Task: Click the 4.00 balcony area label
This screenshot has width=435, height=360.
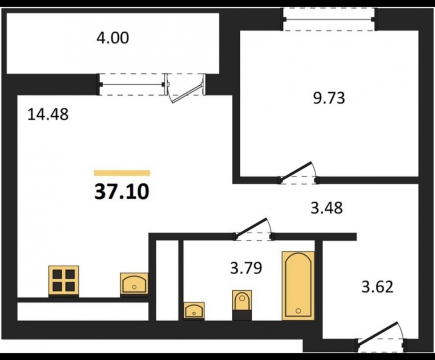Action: click(x=113, y=38)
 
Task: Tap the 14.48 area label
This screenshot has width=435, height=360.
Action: click(x=48, y=114)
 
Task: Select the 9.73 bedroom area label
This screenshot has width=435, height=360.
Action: click(x=329, y=98)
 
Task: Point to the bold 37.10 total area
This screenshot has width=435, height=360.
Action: click(x=122, y=192)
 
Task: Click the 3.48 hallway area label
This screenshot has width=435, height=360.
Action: click(x=327, y=208)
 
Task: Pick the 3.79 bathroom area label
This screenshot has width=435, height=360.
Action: click(x=246, y=268)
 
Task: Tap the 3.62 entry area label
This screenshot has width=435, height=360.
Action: click(x=378, y=287)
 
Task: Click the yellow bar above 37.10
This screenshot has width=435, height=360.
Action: click(x=122, y=173)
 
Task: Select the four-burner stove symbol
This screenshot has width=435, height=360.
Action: click(x=64, y=281)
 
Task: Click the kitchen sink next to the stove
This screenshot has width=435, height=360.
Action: click(x=134, y=284)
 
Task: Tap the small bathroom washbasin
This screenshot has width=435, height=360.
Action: click(x=194, y=311)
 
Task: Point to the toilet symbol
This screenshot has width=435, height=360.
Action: click(x=242, y=305)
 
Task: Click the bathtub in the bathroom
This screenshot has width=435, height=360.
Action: click(x=298, y=286)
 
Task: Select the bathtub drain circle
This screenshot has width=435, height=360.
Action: click(x=298, y=311)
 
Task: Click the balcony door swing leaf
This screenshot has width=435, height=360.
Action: click(x=187, y=93)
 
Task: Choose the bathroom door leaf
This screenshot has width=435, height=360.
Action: click(x=251, y=226)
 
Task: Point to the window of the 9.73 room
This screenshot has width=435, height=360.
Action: click(x=329, y=19)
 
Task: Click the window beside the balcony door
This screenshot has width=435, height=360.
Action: click(x=132, y=84)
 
